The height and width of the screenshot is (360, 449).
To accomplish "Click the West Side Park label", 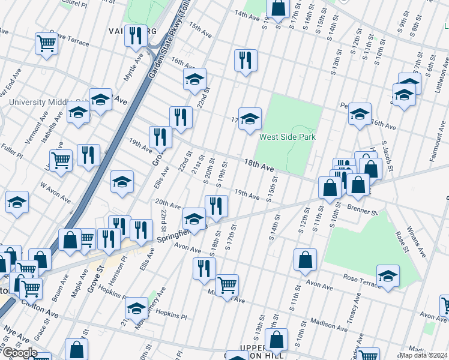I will tap(287, 137).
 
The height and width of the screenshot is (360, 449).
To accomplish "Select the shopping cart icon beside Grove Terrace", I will tap(47, 43).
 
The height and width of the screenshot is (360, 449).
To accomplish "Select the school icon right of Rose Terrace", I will tap(388, 277).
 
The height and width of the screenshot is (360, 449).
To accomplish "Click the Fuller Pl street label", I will tap(11, 150).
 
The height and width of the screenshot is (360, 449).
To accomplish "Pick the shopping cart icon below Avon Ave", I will tap(227, 286).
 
